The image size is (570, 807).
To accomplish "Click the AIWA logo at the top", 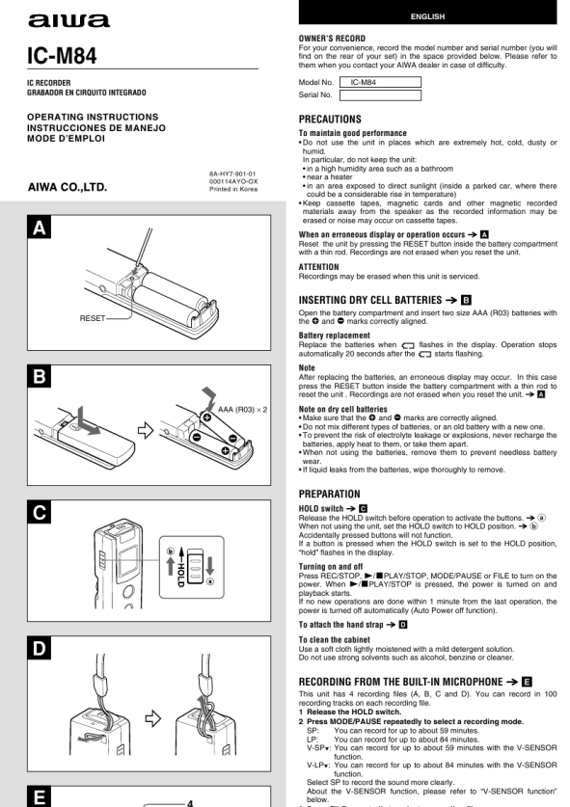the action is (69, 20).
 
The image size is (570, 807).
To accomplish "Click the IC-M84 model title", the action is (62, 56).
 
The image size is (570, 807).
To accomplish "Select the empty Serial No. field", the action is (380, 95).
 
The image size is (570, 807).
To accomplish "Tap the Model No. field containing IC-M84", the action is (380, 82).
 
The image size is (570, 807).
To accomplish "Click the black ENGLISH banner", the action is (427, 13).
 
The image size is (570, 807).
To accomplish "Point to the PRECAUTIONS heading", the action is (330, 120).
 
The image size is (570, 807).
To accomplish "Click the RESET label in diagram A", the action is (93, 318).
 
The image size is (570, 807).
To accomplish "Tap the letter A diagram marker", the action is (40, 228).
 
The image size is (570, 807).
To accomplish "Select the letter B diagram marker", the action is (40, 377).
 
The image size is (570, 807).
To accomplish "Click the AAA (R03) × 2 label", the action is (242, 410).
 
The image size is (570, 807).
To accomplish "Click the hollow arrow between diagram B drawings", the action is (146, 430).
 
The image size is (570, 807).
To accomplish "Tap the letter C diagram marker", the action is (40, 512).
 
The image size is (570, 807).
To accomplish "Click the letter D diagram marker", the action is (40, 648).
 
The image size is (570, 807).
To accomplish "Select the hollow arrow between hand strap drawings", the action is (153, 718).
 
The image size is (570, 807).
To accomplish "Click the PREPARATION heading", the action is (330, 494).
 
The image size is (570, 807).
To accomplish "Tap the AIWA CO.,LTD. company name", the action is (68, 187).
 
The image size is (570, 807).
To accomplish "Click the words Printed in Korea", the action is (233, 189).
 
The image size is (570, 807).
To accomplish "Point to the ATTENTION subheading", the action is (318, 267).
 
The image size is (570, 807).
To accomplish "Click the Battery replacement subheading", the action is (334, 336).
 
